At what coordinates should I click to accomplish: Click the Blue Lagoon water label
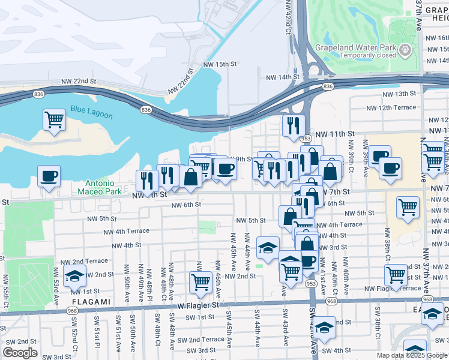[x=87, y=109]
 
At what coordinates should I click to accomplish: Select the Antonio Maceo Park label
[x=96, y=187]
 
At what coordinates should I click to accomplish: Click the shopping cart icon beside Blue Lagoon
[x=54, y=119]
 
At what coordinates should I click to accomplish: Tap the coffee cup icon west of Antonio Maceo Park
[x=49, y=176]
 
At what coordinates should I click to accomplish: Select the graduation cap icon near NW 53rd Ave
[x=74, y=276]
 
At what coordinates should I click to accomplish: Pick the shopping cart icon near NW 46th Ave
[x=201, y=281]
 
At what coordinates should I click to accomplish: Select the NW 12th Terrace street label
[x=391, y=107]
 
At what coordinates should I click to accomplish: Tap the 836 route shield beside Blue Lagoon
[x=146, y=110]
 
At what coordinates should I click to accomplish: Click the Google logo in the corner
[x=20, y=353]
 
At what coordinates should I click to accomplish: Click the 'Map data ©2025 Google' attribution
[x=412, y=355]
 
